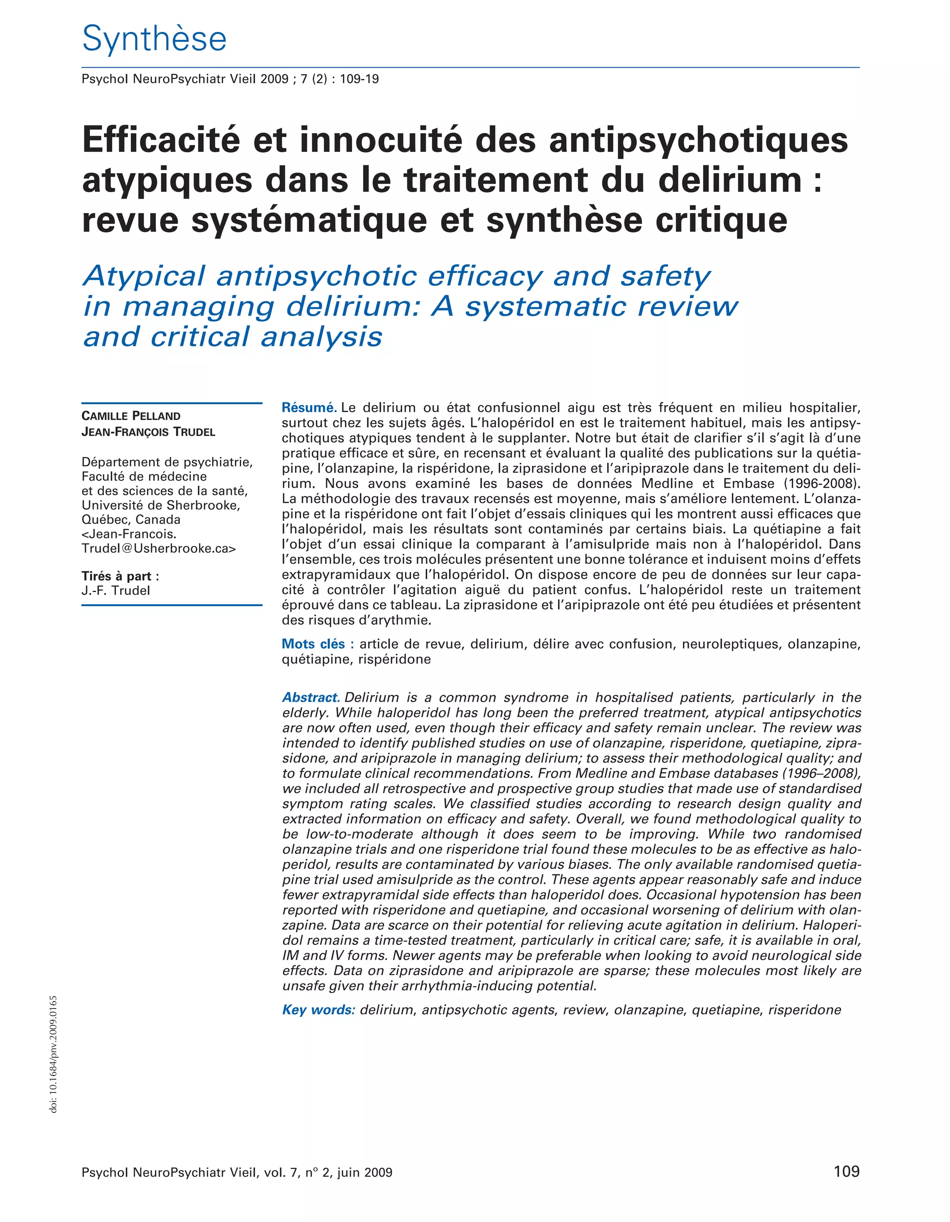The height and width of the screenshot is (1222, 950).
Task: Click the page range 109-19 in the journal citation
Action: tap(359, 79)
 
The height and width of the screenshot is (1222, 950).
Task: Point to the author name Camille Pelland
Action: tap(131, 416)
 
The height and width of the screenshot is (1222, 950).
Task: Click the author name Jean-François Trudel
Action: tap(148, 432)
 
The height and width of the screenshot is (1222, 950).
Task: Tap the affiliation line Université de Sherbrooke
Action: tap(160, 505)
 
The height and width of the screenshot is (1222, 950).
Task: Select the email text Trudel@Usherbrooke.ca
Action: tap(158, 548)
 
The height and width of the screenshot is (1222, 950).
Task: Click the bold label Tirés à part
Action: tap(120, 576)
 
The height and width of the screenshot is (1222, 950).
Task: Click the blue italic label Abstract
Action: tap(311, 698)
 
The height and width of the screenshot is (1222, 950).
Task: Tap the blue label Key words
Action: tap(319, 1010)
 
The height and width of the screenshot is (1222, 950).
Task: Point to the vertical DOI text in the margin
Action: tap(54, 1055)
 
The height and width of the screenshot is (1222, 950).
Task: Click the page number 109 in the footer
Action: tap(846, 1170)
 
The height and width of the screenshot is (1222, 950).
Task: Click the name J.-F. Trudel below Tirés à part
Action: tap(116, 591)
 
